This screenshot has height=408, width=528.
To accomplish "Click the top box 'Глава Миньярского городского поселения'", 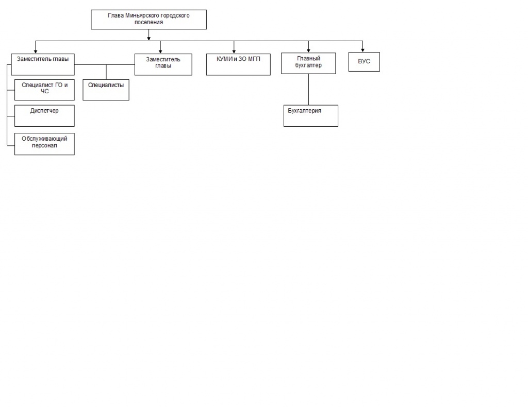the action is tap(148, 20).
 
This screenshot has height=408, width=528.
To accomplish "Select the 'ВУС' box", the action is tap(364, 62).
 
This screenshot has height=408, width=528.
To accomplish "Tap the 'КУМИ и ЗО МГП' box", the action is tap(238, 64).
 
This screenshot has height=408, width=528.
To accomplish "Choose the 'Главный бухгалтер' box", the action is tap(308, 63).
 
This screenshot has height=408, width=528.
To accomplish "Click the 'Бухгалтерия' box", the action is tap(311, 116).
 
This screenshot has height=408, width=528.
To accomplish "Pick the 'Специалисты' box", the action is tap(106, 90).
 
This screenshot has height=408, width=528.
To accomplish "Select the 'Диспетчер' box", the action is tap(44, 116).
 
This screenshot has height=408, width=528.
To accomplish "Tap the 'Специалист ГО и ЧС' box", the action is tap(44, 90).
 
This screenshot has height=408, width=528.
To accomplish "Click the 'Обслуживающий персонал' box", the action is tap(44, 144).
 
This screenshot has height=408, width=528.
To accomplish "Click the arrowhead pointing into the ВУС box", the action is tap(362, 50).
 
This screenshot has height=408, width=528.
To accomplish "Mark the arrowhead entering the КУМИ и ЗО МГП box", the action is tap(234, 52).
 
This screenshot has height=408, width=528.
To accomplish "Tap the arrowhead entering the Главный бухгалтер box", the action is tap(308, 50).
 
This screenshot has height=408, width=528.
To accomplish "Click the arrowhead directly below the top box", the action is tap(149, 38).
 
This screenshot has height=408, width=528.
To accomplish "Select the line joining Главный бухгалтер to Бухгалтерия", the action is tap(308, 90).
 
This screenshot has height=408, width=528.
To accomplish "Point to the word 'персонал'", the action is tap(44, 146).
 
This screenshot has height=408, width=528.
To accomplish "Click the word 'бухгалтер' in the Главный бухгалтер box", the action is tap(308, 65).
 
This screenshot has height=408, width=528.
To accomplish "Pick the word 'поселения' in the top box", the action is tap(149, 22).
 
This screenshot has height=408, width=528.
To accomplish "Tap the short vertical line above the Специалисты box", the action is tap(106, 72).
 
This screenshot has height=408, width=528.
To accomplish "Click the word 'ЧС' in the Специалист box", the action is tap(44, 92).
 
